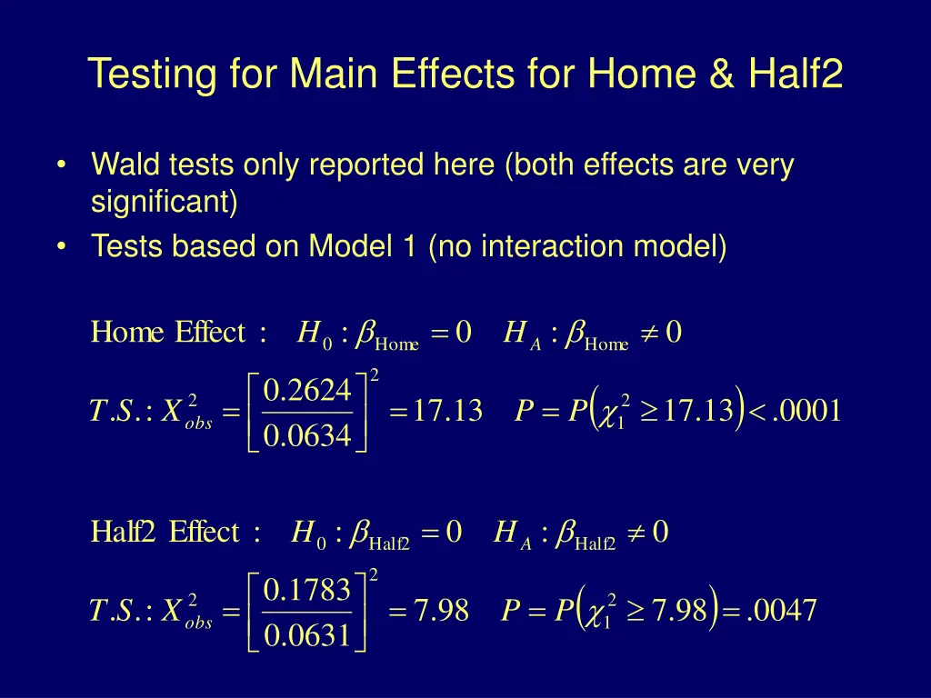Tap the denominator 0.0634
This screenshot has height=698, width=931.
[306, 436]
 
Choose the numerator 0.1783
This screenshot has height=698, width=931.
[306, 590]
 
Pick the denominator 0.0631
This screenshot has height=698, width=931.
[306, 636]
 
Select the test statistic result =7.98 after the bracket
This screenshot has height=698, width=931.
[428, 611]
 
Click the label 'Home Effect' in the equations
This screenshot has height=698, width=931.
[168, 334]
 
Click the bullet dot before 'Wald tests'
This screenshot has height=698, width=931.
[61, 166]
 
